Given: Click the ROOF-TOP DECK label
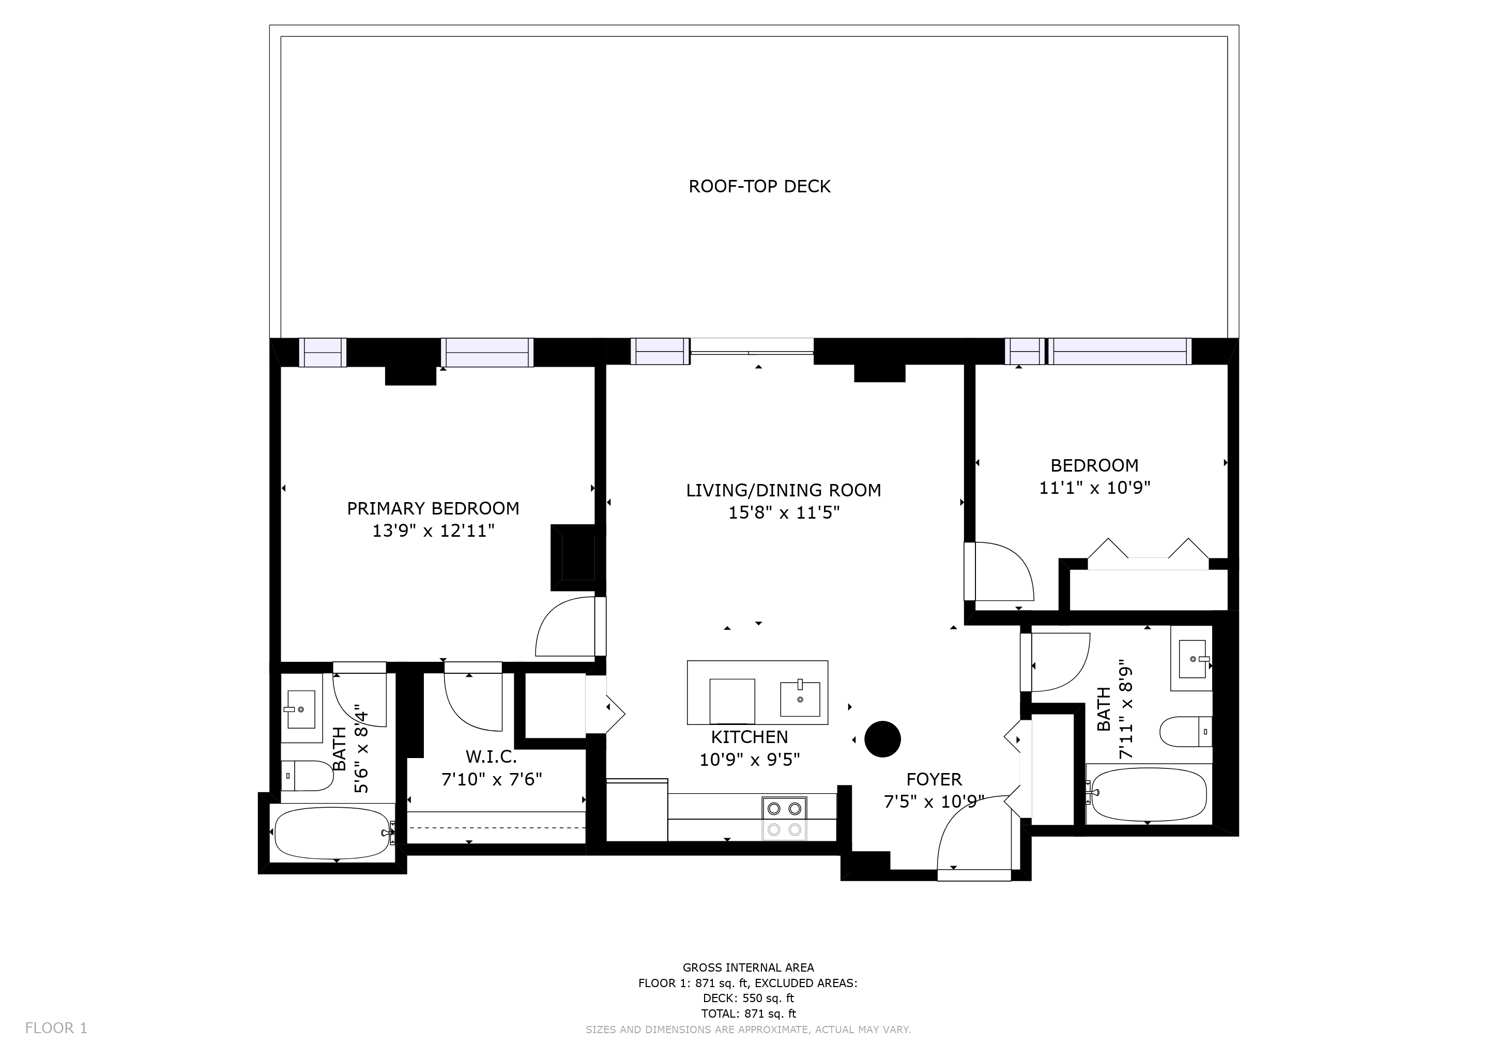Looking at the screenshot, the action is (759, 187).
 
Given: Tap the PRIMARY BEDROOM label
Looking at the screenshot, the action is (433, 509).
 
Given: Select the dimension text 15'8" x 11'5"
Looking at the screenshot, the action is (784, 513).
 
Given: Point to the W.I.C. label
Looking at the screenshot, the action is (491, 757).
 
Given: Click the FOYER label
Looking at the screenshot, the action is (934, 779).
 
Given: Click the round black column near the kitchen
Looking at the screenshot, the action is (883, 739).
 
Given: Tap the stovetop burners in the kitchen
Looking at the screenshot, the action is (784, 819).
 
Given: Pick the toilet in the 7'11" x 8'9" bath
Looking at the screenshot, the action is (1185, 732).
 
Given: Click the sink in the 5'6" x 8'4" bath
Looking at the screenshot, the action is (301, 709).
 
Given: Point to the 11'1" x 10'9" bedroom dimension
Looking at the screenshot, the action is (1095, 488).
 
